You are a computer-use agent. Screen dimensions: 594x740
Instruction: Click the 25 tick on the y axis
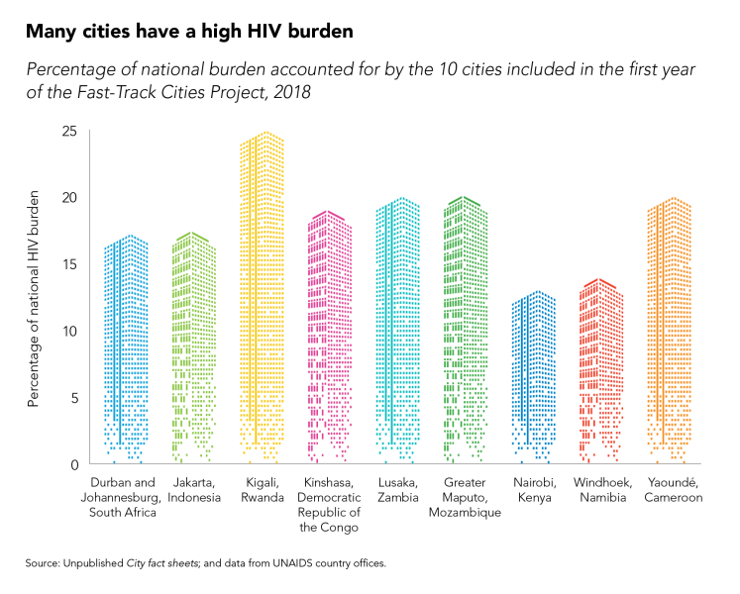pyautogui.click(x=68, y=132)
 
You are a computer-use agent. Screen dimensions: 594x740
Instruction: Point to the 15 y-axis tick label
pyautogui.click(x=68, y=264)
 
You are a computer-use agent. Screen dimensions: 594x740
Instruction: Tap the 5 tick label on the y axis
pyautogui.click(x=72, y=398)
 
